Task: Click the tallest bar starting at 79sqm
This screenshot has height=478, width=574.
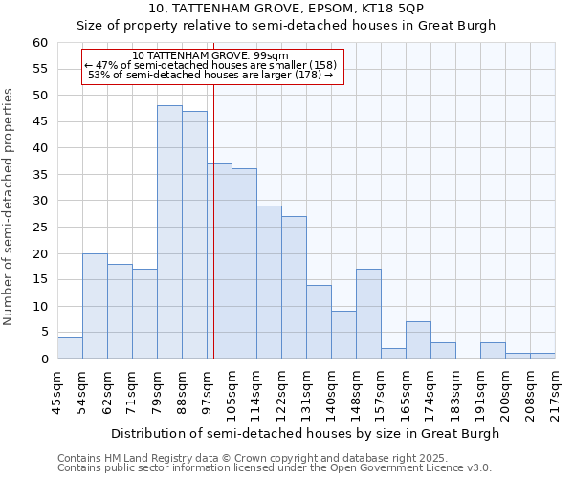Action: [x=169, y=232]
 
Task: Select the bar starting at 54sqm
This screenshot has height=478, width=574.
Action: [x=95, y=306]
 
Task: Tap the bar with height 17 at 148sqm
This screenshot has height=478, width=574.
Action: [x=368, y=314]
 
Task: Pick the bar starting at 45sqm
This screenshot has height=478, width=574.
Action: [x=70, y=348]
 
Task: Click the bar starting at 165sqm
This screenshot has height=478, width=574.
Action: [x=418, y=340]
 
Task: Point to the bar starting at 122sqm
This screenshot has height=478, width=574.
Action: [x=294, y=288]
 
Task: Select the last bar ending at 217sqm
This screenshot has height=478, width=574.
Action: [x=542, y=357]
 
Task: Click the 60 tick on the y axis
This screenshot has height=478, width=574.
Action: [x=39, y=43]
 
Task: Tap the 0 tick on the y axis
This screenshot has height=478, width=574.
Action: [x=43, y=359]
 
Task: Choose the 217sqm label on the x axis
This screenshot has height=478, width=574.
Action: [x=555, y=392]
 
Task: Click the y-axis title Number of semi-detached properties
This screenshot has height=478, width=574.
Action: [x=10, y=206]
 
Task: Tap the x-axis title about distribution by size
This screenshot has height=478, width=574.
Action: [x=305, y=433]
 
